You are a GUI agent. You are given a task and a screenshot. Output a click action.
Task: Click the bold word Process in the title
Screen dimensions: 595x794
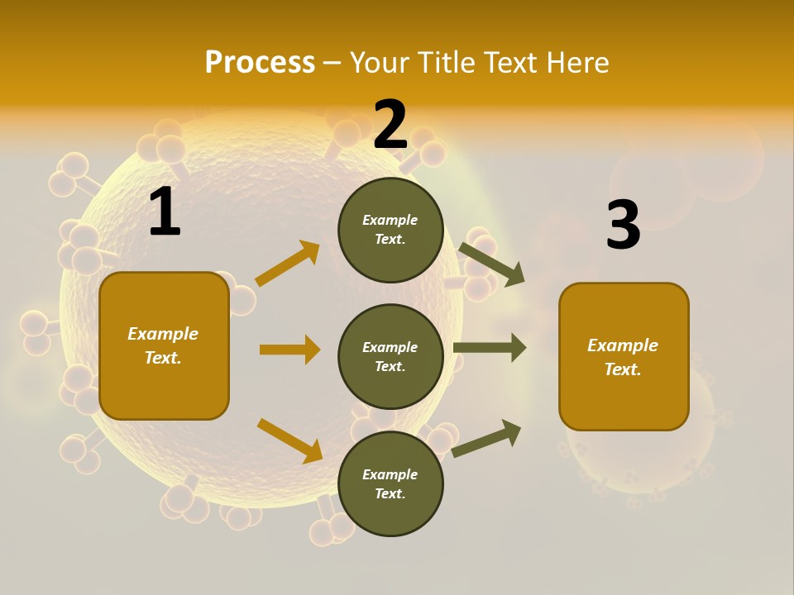point(260,62)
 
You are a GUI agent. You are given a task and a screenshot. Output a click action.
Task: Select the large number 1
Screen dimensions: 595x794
point(165,212)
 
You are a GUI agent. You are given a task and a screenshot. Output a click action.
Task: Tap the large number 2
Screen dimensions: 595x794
point(390,125)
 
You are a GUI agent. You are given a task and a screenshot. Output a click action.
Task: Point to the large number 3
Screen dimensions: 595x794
point(623,226)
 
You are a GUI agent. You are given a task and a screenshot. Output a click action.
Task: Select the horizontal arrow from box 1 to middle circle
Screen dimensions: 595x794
point(289,350)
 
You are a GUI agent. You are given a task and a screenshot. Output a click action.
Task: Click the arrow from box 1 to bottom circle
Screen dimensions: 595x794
point(289,440)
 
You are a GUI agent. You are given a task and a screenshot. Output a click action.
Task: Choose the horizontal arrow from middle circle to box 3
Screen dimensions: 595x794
point(489,348)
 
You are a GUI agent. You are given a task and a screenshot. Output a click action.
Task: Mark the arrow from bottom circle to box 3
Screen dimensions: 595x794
point(486,438)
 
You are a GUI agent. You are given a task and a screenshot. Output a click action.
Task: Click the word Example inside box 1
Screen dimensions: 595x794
point(163,334)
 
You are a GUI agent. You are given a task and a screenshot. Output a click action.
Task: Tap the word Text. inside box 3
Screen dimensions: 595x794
point(623,369)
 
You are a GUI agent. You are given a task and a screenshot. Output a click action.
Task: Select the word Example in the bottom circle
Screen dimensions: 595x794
point(390,474)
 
